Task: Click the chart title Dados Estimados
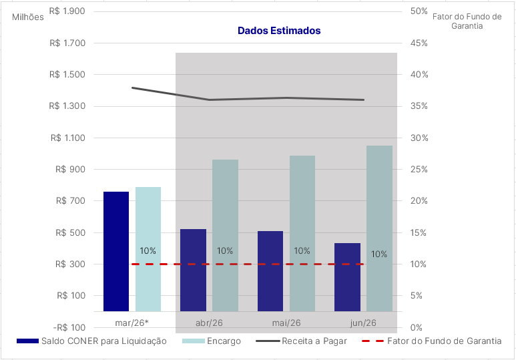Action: pyautogui.click(x=279, y=31)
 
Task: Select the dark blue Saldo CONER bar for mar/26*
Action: pyautogui.click(x=116, y=251)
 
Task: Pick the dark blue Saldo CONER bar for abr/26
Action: pyautogui.click(x=194, y=270)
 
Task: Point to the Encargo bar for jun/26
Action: pyautogui.click(x=379, y=228)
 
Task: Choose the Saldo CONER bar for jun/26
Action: pyautogui.click(x=347, y=277)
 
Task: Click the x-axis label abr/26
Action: pyautogui.click(x=209, y=323)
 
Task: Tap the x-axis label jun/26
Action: pyautogui.click(x=363, y=323)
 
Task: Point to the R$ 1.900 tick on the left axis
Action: pyautogui.click(x=67, y=11)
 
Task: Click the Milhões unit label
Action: pyautogui.click(x=28, y=17)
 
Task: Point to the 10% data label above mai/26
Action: pyautogui.click(x=302, y=251)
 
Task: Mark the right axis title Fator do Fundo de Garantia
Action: pyautogui.click(x=467, y=21)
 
